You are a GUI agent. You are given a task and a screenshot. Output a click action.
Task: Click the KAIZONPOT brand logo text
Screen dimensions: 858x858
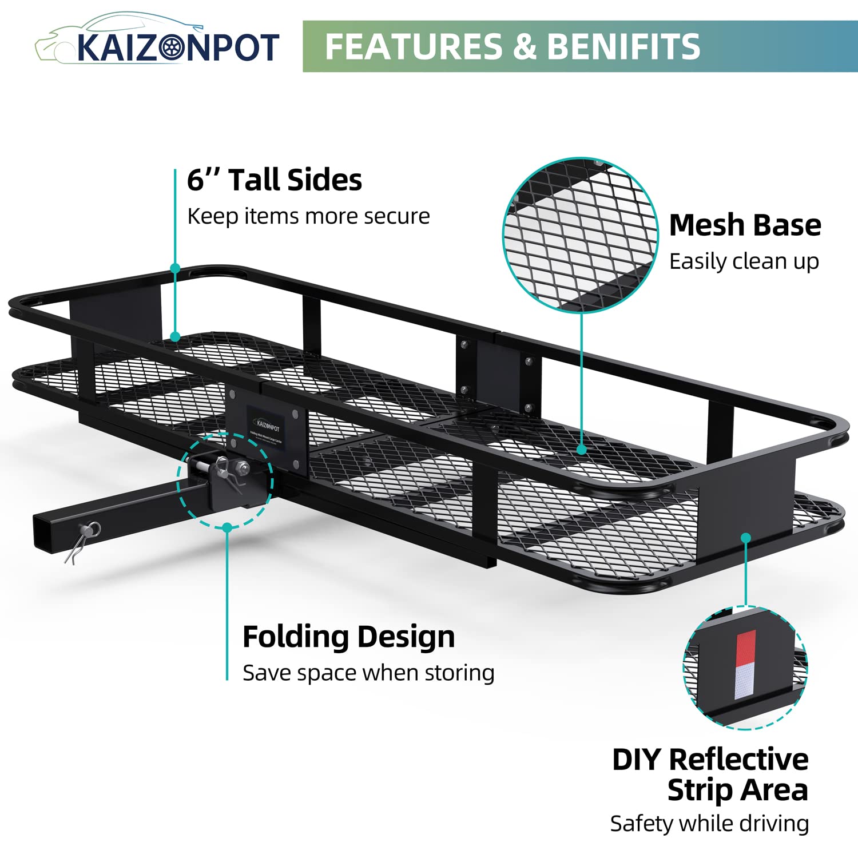click(x=177, y=47)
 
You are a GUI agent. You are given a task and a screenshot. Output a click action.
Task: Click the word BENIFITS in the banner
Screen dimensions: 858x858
click(x=623, y=46)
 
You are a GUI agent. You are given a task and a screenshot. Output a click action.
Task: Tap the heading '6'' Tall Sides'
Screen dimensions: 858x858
click(x=275, y=180)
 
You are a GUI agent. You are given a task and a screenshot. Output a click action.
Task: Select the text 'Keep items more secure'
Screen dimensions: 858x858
click(x=308, y=216)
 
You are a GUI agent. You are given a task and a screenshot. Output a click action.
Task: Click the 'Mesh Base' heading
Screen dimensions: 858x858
click(x=745, y=225)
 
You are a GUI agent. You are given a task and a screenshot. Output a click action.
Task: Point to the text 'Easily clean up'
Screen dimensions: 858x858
click(x=744, y=261)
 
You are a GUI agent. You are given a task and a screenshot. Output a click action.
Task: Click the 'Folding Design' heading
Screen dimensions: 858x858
click(x=348, y=637)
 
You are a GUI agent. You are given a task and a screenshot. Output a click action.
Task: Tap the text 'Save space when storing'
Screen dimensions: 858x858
click(x=368, y=673)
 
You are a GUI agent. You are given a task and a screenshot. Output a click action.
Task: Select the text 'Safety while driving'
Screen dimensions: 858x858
click(x=709, y=824)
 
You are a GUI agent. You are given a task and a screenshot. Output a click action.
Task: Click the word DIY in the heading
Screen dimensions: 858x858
click(x=637, y=760)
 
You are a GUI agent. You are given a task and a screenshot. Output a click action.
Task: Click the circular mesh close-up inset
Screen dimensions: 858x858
click(x=581, y=235)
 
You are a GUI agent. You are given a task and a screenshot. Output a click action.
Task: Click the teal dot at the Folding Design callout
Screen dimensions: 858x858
click(x=227, y=527)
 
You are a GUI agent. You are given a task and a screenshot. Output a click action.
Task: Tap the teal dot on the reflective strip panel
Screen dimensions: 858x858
click(x=745, y=538)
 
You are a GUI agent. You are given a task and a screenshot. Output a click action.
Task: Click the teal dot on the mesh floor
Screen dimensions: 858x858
click(x=581, y=450)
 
